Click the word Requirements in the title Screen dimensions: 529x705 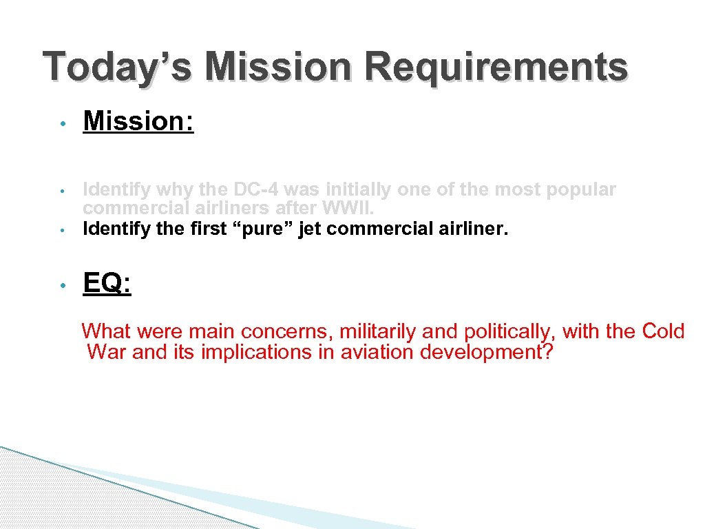coord(496,68)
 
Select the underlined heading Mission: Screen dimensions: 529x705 coord(138,121)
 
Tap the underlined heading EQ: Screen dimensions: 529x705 coord(107,283)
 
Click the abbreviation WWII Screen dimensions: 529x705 coord(353,207)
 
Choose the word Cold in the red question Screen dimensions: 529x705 coord(663,331)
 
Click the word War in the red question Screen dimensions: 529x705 coord(107,352)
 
